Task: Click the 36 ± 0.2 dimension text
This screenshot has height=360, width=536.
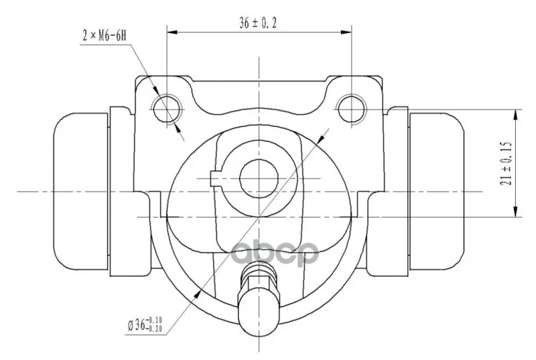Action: coord(258,23)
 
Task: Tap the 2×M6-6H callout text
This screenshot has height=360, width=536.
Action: coord(105,36)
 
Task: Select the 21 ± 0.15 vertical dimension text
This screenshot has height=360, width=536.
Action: coord(507,164)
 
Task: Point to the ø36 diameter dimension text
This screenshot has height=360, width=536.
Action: coord(145,324)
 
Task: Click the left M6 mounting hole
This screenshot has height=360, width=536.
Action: coord(166,109)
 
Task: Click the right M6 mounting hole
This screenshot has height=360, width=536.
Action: coord(351,109)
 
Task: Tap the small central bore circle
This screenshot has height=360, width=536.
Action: coord(259,178)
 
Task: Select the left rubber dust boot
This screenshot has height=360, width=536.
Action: coord(80,192)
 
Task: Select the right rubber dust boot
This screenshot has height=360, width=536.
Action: coord(437,192)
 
